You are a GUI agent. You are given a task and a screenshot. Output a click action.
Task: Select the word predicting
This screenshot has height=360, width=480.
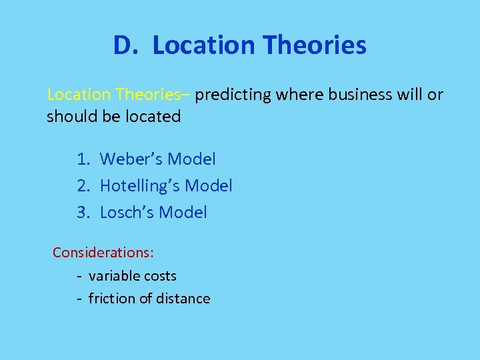coord(233,95)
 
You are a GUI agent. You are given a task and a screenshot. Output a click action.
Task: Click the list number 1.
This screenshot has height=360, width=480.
coord(83,159)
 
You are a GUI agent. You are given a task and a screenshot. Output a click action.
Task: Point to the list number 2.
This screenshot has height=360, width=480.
coord(83,186)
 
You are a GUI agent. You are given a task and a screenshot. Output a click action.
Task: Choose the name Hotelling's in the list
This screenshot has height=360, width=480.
coord(140,186)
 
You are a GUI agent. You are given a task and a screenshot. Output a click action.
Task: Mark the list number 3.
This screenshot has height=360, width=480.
coord(83,213)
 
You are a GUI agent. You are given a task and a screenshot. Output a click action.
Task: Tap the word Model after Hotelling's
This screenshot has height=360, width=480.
coord(209,186)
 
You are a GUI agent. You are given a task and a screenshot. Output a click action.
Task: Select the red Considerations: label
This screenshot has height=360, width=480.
coord(103,253)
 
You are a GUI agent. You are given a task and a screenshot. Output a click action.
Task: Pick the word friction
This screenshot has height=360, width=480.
coord(111,299)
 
